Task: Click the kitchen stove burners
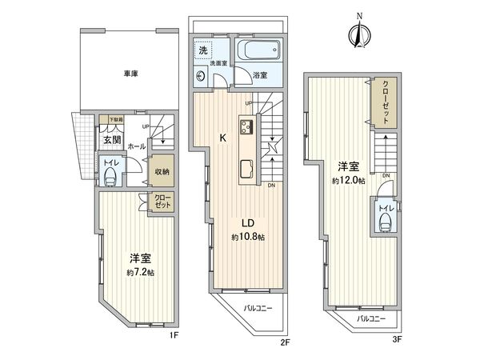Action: click(246, 126)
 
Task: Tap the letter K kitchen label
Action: click(223, 138)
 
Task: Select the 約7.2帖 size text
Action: click(140, 273)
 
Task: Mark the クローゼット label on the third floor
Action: click(386, 100)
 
